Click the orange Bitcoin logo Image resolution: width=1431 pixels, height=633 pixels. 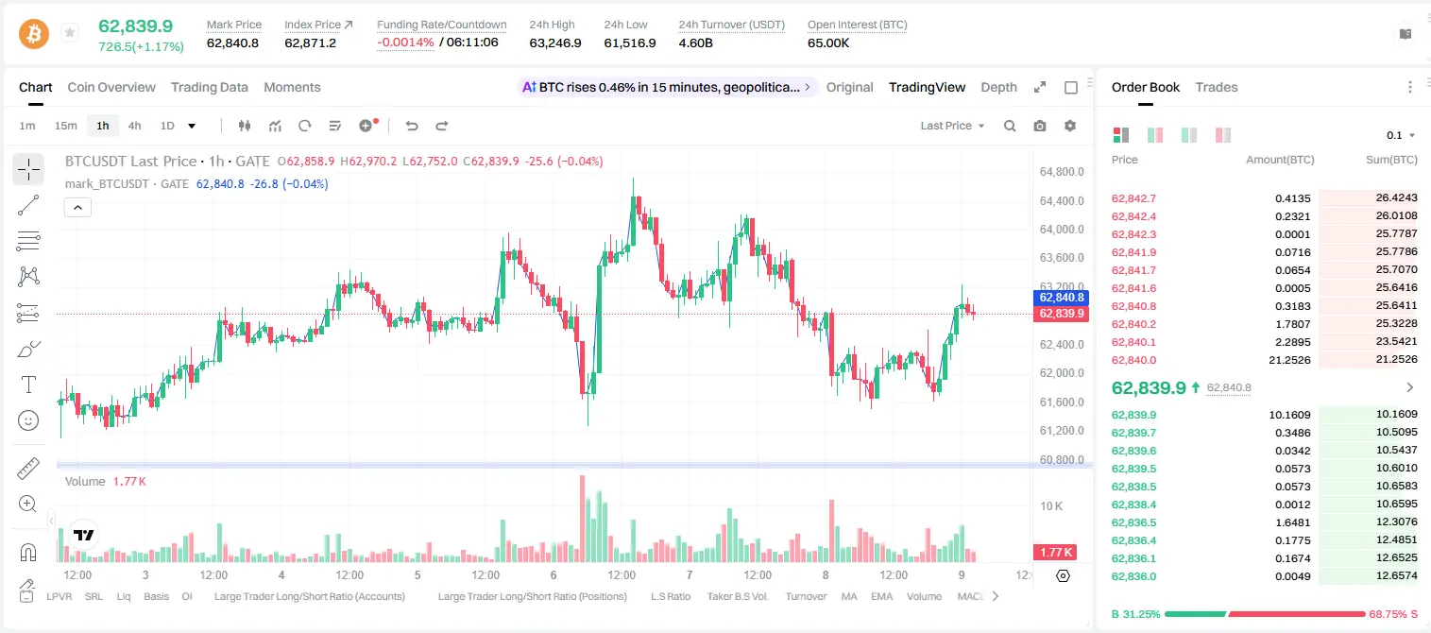[x=34, y=34]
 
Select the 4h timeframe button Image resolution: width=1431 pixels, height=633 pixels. [x=134, y=126]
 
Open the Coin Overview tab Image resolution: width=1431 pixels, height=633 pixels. [x=111, y=87]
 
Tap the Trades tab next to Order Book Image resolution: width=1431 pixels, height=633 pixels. [x=1217, y=87]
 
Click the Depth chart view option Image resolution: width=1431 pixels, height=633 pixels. [x=998, y=87]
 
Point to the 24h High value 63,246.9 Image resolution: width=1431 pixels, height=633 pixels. [x=555, y=43]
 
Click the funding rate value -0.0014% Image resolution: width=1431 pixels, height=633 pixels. [x=405, y=43]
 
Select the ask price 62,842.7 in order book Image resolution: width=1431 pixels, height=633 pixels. [x=1133, y=198]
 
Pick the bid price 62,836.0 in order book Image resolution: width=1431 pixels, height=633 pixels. [x=1133, y=576]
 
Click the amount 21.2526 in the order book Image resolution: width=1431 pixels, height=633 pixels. [x=1289, y=360]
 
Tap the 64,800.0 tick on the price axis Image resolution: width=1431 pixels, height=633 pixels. [x=1062, y=172]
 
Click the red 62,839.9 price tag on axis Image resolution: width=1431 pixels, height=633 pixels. [x=1061, y=314]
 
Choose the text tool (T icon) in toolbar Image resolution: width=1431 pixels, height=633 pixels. [x=28, y=385]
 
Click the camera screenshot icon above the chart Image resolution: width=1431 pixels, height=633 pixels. [x=1039, y=126]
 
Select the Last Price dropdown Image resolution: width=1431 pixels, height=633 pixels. [x=952, y=126]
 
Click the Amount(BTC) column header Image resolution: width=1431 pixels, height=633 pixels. [x=1280, y=160]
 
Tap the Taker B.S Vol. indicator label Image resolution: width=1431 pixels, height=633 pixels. [x=737, y=596]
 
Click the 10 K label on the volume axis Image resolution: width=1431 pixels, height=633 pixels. [x=1051, y=506]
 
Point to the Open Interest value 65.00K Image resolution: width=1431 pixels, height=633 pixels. [x=828, y=43]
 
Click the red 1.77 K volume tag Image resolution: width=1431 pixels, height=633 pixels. [x=1055, y=552]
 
